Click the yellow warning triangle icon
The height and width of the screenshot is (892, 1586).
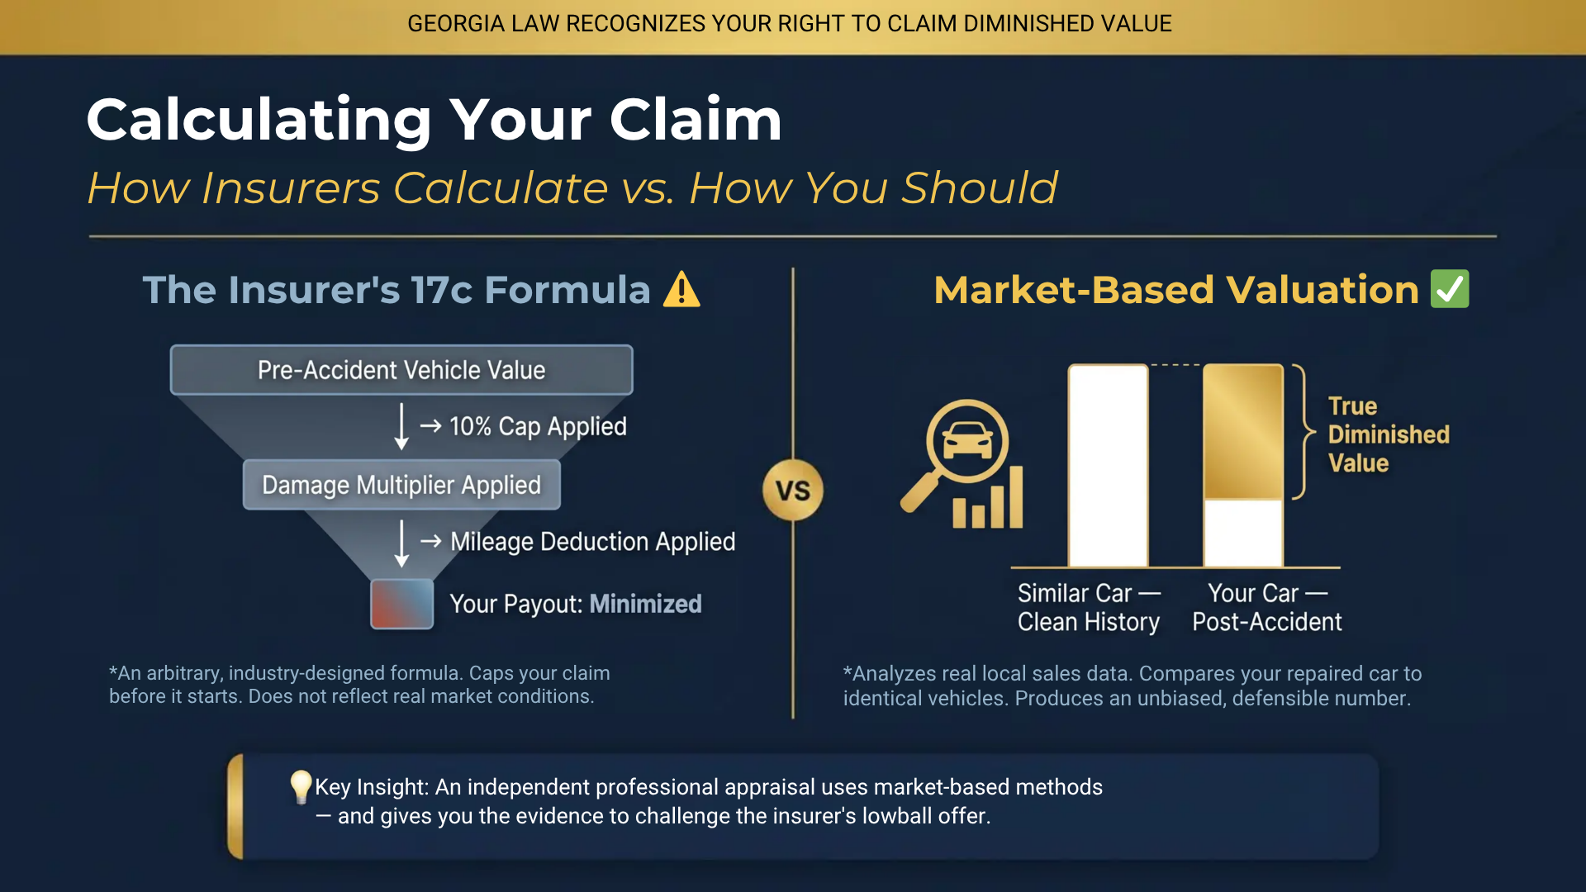tap(681, 290)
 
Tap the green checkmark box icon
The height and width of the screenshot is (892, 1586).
tap(1450, 289)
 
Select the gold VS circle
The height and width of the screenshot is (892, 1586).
tap(792, 491)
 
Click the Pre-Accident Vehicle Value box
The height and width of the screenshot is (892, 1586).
tap(401, 370)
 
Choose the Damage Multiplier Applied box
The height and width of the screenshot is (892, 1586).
tap(401, 485)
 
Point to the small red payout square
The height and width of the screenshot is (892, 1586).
tap(402, 604)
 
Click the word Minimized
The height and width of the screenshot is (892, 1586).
tap(645, 604)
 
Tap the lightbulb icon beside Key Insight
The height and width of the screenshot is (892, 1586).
tap(301, 786)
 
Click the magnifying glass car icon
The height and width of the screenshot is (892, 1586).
tap(962, 463)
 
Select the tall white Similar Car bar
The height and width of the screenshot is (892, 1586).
tap(1108, 466)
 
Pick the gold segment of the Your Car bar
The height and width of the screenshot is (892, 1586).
tap(1242, 431)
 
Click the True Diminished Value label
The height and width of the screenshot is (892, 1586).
tap(1388, 434)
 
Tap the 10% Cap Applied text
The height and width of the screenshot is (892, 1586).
tap(538, 426)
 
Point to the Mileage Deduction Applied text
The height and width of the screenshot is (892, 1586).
tap(592, 542)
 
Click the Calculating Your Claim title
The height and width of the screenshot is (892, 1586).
tap(434, 120)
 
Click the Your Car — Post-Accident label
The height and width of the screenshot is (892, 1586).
tap(1266, 607)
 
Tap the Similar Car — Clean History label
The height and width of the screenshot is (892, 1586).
tap(1089, 607)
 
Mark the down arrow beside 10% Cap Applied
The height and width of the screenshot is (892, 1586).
tap(401, 426)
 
